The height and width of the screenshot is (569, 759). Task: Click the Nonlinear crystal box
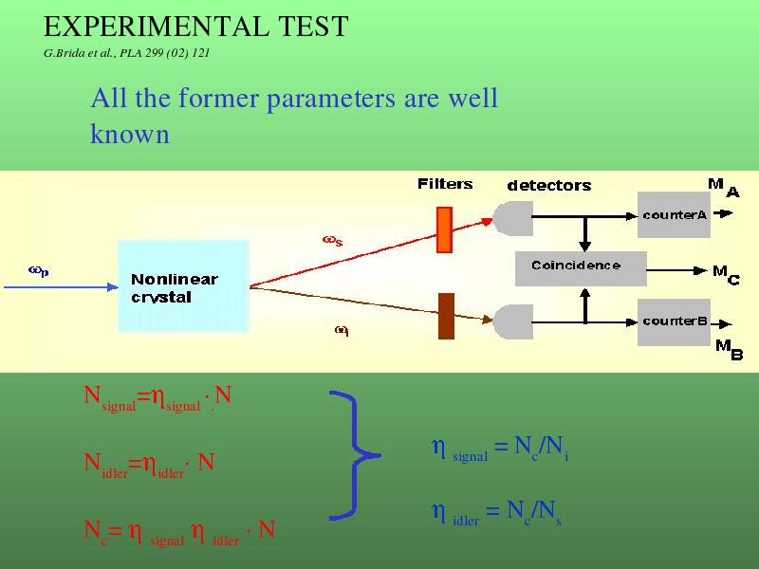183,286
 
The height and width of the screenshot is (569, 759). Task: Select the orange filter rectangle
444,229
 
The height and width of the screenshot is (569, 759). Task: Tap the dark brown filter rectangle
446,316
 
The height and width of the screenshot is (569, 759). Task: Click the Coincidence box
581,268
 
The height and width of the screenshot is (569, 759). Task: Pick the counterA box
674,214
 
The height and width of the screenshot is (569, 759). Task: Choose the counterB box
674,322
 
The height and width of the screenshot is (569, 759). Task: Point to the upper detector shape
513,219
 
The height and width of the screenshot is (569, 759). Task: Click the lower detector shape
513,321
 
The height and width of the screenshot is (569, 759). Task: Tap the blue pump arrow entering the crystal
61,287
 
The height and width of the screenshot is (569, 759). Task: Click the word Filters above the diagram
445,184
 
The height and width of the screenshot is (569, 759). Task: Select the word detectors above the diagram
549,185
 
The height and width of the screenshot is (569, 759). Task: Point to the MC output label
726,275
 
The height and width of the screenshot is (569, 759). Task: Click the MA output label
724,188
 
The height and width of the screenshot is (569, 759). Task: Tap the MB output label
729,349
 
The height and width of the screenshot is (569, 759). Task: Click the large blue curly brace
356,455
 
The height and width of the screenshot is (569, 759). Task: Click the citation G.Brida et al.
126,53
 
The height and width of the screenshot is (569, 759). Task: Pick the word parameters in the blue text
331,100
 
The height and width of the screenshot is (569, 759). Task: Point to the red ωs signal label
333,241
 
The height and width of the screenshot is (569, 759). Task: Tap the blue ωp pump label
39,271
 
